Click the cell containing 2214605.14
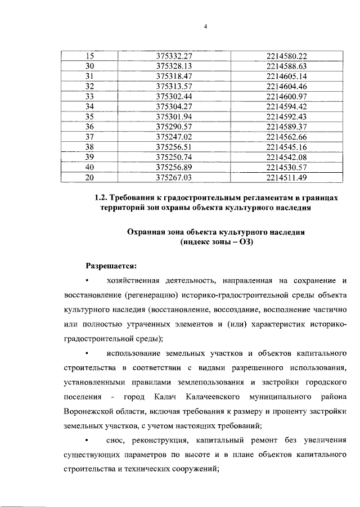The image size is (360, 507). tap(287, 76)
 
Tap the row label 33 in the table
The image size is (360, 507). tap(88, 96)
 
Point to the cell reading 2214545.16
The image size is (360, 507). tap(287, 146)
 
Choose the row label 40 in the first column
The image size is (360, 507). tap(88, 167)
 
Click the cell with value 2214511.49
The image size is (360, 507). tap(287, 177)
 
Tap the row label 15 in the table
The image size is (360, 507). tap(88, 56)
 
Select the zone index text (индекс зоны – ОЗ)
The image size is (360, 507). tap(215, 243)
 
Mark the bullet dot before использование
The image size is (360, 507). tap(87, 353)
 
